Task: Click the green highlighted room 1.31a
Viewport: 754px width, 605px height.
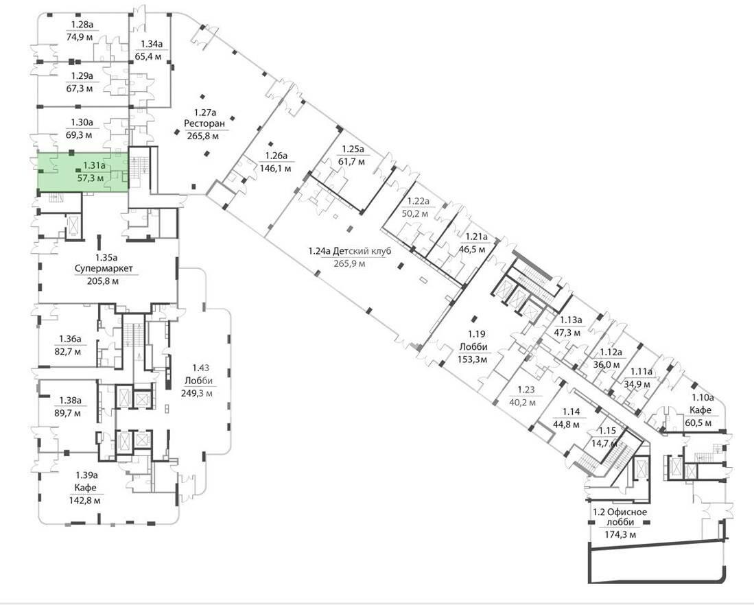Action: coord(82,171)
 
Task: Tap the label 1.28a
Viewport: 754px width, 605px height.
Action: coord(82,25)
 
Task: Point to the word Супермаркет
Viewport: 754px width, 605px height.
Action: coord(104,269)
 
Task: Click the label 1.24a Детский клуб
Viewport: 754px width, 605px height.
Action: coord(350,251)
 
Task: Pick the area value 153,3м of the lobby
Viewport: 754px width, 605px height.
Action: coord(473,359)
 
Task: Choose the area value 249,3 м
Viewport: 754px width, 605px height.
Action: coord(197,394)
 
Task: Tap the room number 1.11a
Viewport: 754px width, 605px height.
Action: coord(642,372)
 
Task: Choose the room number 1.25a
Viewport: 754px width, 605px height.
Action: coord(353,149)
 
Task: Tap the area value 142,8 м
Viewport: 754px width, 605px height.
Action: coord(86,500)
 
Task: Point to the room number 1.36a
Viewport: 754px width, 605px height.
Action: coord(69,339)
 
